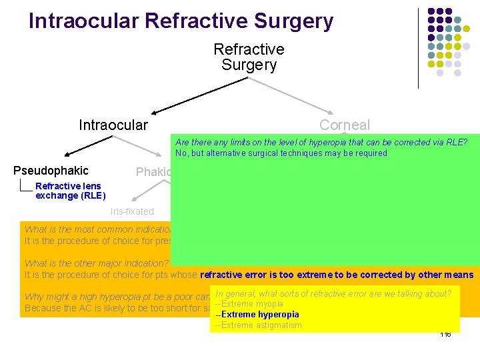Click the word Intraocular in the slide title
(x=84, y=21)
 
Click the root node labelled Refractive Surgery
(x=249, y=57)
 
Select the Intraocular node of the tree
(x=113, y=125)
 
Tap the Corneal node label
(x=344, y=125)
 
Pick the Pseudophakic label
(x=51, y=171)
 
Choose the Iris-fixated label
(x=131, y=211)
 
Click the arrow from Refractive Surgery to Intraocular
(x=193, y=96)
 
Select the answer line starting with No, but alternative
(x=281, y=153)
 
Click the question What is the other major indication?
(x=97, y=263)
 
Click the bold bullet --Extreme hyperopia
(x=257, y=315)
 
